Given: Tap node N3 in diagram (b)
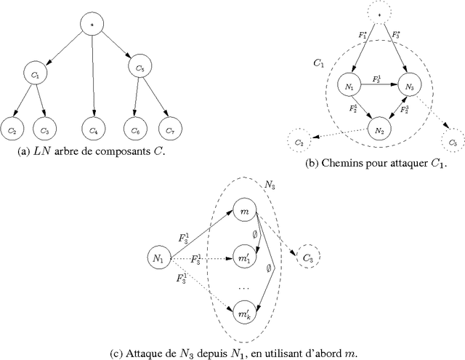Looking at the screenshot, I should pos(410,87).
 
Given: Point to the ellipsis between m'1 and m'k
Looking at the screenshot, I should pos(243,287).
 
